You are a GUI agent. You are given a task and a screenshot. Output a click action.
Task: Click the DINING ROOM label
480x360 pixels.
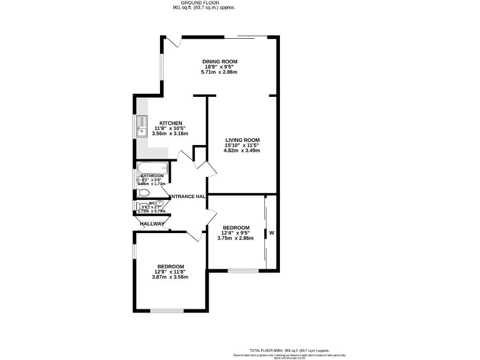pos(219,61)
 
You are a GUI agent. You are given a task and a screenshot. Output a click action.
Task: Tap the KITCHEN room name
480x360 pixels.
pos(171,122)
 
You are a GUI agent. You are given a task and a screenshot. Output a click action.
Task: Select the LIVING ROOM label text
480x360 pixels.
pos(242,139)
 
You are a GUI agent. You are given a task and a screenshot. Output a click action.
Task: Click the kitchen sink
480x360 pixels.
pos(141,126)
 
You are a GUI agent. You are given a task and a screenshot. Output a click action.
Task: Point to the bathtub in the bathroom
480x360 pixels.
pos(152,167)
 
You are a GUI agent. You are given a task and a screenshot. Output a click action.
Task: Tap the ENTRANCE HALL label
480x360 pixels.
pos(187,197)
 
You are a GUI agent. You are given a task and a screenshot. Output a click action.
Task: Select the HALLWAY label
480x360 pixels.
pos(152,224)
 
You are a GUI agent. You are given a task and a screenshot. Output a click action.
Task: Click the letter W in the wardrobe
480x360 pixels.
pos(272,233)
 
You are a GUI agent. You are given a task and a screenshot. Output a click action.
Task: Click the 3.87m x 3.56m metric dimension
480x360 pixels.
pos(170,277)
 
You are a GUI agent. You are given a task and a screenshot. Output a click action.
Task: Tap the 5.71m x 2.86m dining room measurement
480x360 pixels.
pos(219,72)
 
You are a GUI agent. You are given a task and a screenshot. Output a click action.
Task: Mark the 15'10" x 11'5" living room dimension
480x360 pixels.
pos(242,145)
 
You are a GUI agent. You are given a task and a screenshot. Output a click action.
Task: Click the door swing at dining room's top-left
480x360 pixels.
pos(176,41)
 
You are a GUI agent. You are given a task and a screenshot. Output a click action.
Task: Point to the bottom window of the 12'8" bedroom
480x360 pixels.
pos(167,311)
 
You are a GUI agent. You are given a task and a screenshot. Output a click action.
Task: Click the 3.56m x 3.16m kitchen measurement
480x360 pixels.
pos(171,134)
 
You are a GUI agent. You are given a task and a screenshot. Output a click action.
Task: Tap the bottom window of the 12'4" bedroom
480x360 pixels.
pos(242,271)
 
